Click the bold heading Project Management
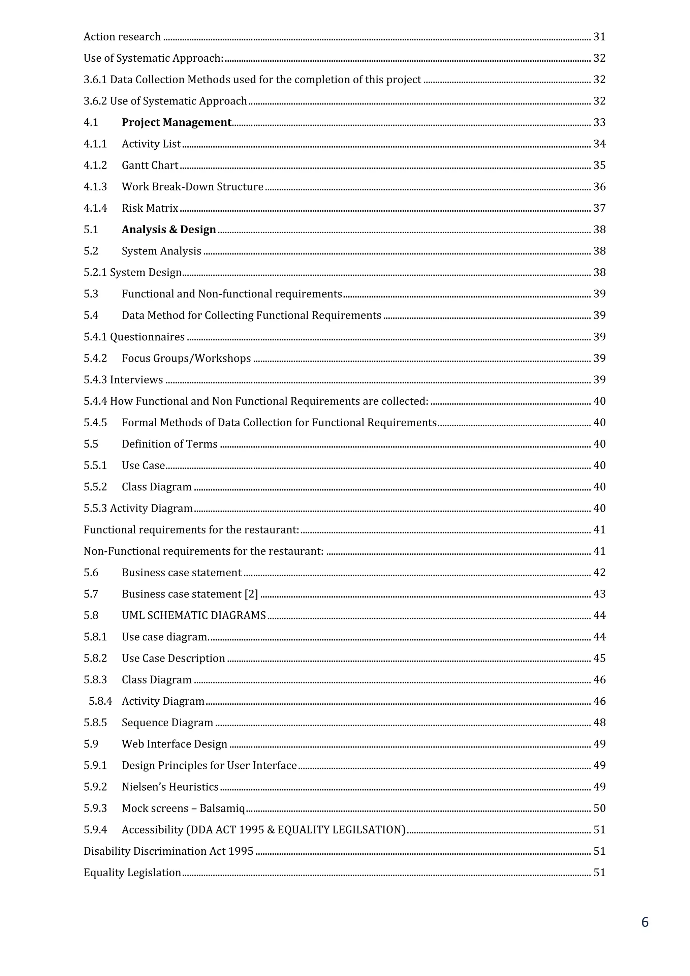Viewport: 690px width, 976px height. click(x=176, y=122)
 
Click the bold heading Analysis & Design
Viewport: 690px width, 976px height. click(x=169, y=230)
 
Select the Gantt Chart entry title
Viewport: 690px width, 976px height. click(x=150, y=165)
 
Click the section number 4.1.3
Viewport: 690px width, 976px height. click(x=95, y=187)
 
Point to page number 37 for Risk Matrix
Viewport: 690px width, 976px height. click(x=599, y=208)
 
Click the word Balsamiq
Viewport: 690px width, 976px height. click(x=222, y=808)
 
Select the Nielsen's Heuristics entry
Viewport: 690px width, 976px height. click(x=170, y=787)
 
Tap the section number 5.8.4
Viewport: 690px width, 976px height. click(x=100, y=701)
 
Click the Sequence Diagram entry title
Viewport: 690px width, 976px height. click(x=167, y=723)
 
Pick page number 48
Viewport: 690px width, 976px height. click(x=599, y=723)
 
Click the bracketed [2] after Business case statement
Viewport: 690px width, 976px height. click(x=251, y=594)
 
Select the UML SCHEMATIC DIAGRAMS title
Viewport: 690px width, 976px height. click(x=194, y=615)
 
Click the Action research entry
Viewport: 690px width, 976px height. click(x=122, y=37)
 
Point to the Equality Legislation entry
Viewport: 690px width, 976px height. click(x=132, y=872)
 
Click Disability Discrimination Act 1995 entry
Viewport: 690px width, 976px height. click(x=168, y=851)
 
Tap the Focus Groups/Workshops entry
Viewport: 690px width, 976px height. click(x=186, y=358)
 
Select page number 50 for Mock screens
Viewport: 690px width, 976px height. click(x=599, y=808)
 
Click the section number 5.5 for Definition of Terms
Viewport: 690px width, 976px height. click(x=91, y=444)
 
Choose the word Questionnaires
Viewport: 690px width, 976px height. click(x=147, y=337)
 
